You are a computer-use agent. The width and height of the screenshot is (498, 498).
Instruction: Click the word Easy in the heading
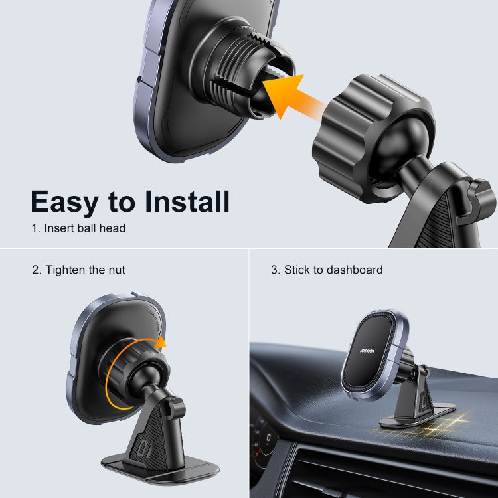click(x=70, y=201)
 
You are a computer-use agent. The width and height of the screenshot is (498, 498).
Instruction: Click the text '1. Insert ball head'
click(x=78, y=228)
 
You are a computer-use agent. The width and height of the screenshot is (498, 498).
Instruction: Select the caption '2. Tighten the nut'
click(x=78, y=270)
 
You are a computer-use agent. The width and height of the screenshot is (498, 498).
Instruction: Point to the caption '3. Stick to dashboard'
click(x=327, y=270)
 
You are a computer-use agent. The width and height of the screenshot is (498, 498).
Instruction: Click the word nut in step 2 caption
click(x=116, y=270)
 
